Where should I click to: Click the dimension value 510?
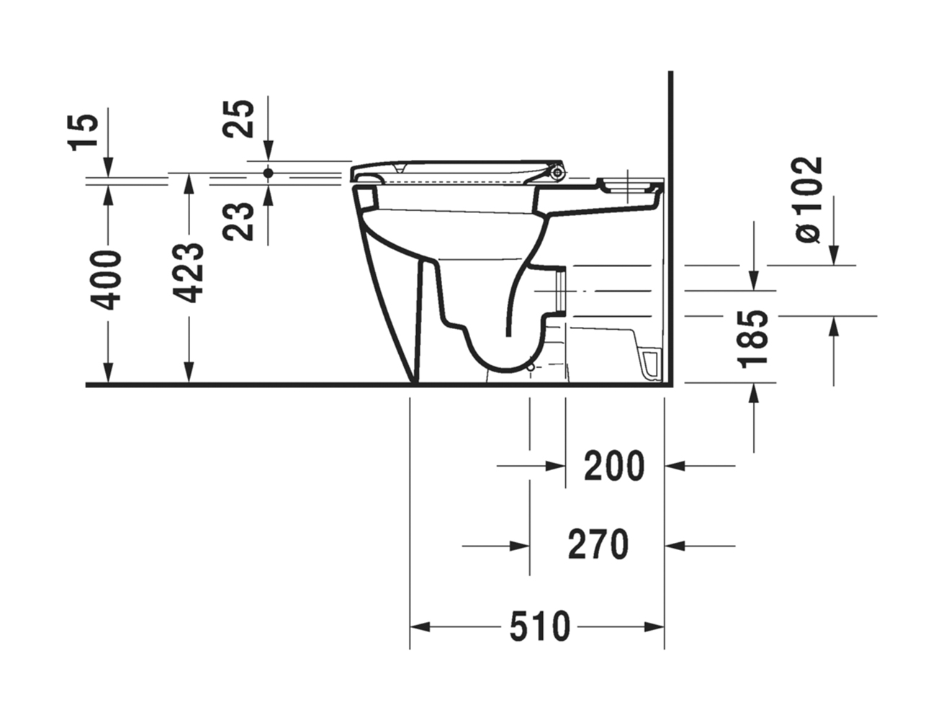click(x=540, y=626)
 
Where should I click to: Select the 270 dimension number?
click(x=598, y=545)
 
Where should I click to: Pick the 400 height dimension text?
click(x=109, y=279)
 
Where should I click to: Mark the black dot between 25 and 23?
click(x=269, y=174)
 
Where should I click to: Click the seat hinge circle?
click(x=557, y=173)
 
